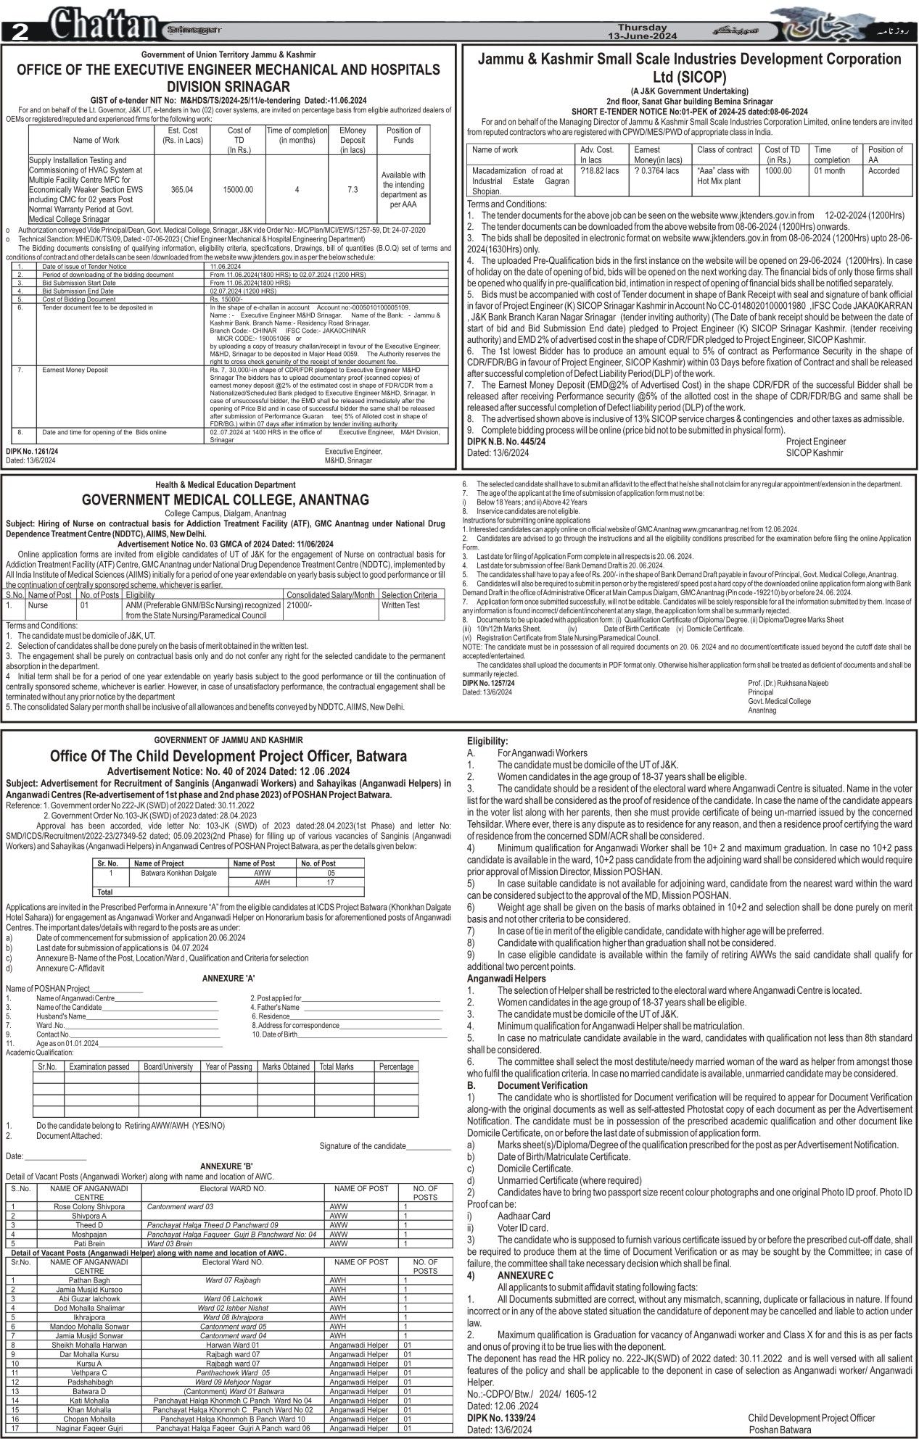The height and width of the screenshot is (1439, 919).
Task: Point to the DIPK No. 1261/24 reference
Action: (32, 451)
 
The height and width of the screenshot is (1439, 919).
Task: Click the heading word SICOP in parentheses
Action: (696, 77)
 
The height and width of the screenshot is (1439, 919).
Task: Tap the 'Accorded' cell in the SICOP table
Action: (883, 171)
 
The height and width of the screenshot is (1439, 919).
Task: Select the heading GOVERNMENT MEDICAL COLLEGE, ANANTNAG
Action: (225, 500)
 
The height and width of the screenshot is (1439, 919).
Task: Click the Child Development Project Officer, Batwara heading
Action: (228, 756)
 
